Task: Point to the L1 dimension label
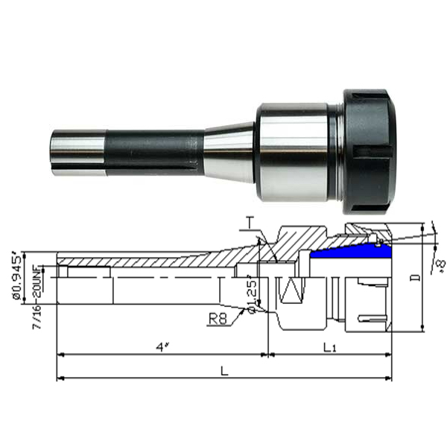[x=329, y=347]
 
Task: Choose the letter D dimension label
[x=415, y=277]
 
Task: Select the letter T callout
[x=250, y=222]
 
